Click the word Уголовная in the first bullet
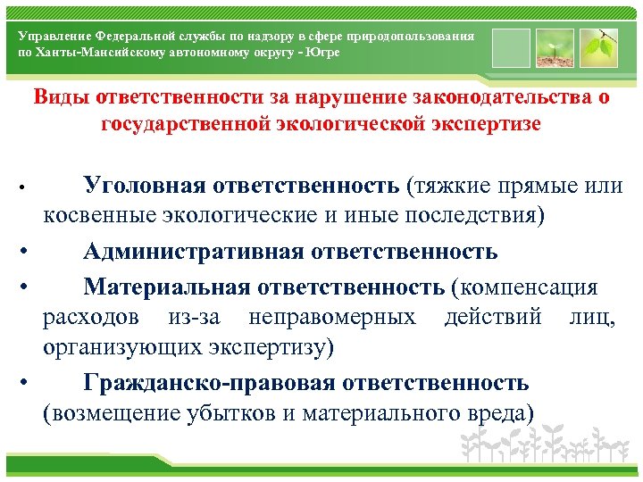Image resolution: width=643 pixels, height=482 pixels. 145,185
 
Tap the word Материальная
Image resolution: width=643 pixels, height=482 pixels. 167,286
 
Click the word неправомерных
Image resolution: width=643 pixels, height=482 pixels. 332,316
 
